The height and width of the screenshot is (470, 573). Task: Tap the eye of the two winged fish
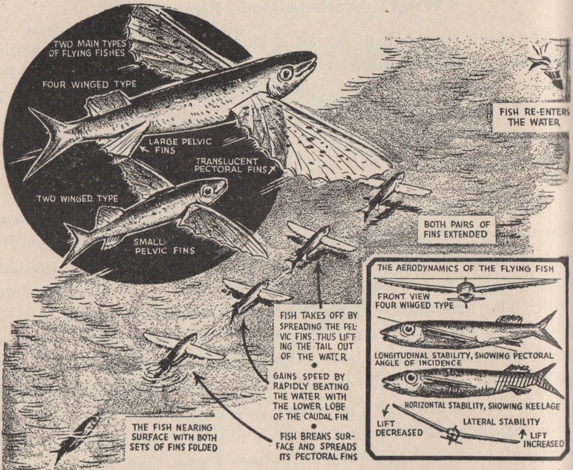(x=208, y=191)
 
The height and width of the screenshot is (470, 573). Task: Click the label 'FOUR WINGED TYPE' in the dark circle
(x=90, y=85)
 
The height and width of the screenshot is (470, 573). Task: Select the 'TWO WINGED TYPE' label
(x=77, y=199)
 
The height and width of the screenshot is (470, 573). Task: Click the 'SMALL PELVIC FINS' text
(x=165, y=246)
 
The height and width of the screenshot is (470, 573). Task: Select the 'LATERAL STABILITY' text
(x=501, y=422)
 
